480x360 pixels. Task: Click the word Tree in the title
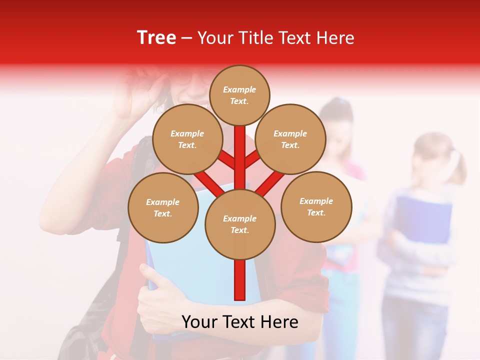156,38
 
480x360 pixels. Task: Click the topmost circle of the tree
239,95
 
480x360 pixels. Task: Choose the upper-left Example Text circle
187,139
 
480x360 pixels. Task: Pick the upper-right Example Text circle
290,139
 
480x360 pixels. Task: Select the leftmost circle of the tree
162,207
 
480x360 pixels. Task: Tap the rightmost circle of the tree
316,206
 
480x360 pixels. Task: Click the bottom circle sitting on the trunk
239,224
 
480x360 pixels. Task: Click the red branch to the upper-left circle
226,159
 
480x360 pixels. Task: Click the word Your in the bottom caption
199,322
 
